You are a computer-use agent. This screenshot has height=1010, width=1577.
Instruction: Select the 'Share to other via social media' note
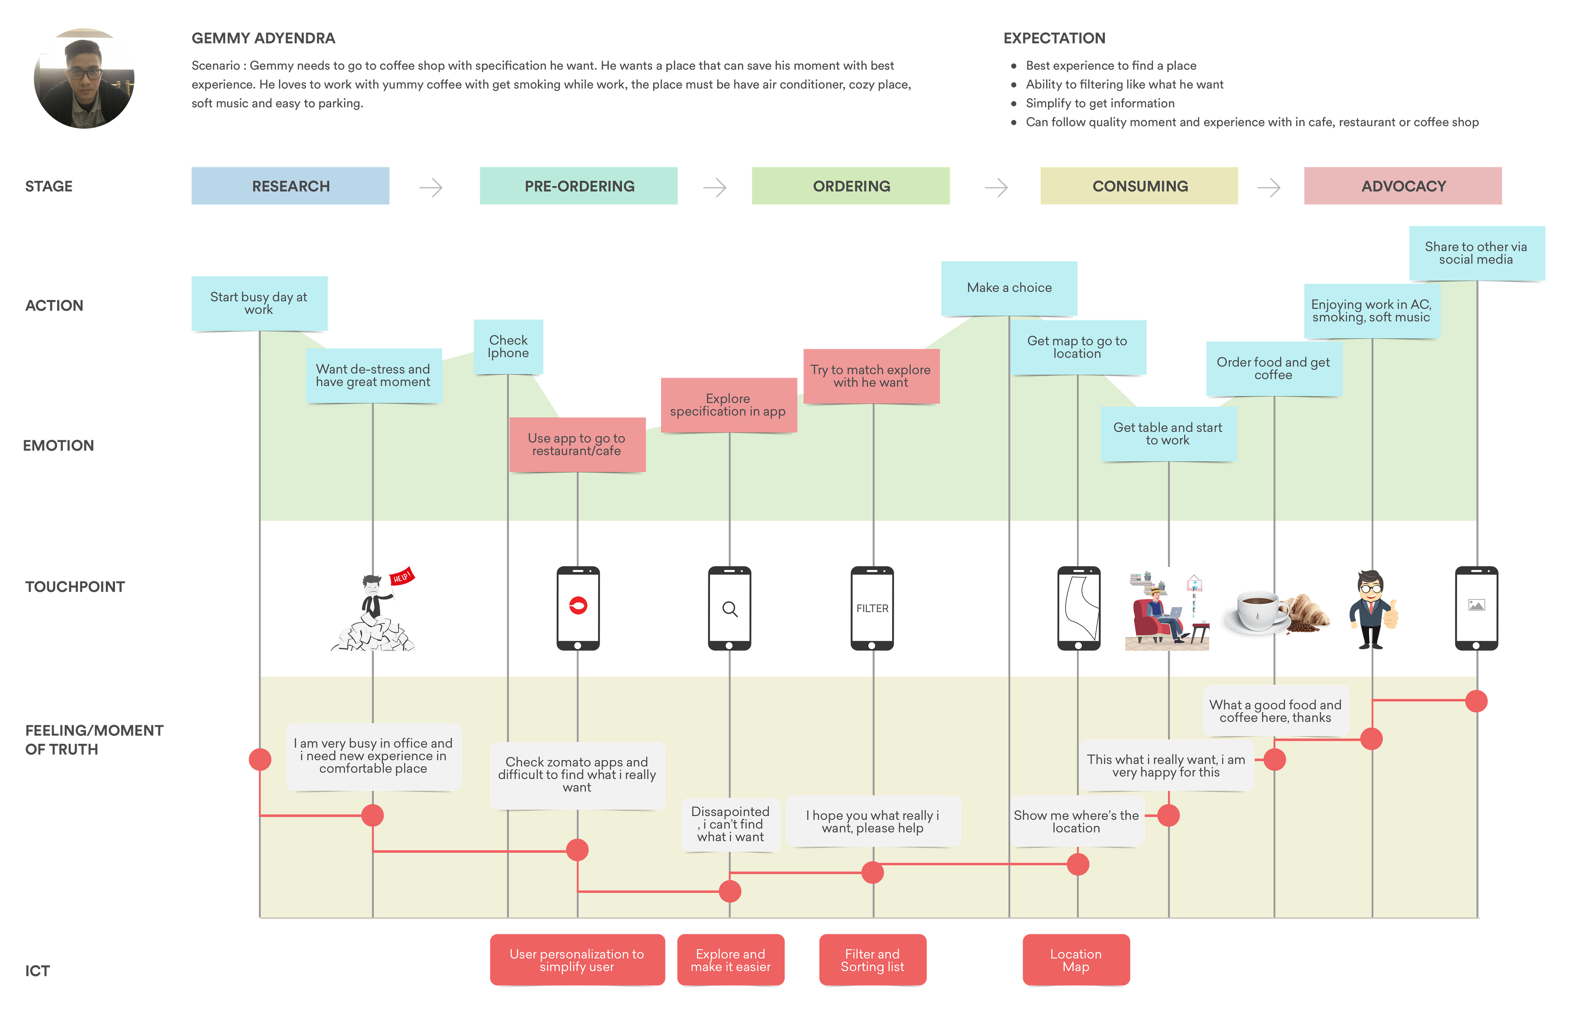pyautogui.click(x=1476, y=253)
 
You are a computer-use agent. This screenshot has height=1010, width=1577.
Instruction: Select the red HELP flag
pyautogui.click(x=401, y=576)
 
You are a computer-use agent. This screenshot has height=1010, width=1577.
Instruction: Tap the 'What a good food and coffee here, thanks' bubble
pyautogui.click(x=1275, y=711)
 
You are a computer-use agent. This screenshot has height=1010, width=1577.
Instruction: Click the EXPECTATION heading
pyautogui.click(x=1054, y=38)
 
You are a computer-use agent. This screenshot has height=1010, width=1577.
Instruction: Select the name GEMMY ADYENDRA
pyautogui.click(x=263, y=38)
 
